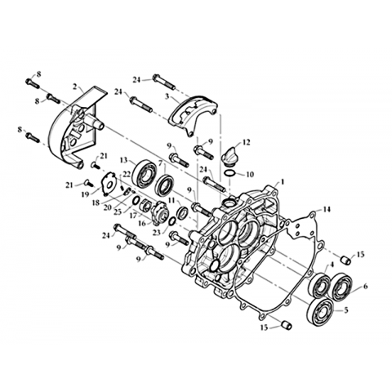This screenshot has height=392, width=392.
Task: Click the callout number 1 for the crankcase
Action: (283, 181)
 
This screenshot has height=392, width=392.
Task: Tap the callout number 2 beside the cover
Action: (74, 87)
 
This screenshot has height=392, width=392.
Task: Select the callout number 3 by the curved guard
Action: (167, 96)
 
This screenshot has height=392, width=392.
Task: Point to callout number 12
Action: (247, 142)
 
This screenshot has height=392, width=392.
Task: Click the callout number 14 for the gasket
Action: (327, 209)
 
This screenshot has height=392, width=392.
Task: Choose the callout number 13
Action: (124, 160)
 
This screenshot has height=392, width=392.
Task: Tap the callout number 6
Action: (365, 286)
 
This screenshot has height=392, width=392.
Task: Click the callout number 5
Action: (346, 310)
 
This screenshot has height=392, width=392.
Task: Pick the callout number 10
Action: (250, 174)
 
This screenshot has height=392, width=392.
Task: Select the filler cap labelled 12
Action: (228, 154)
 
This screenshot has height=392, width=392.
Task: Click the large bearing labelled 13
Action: (145, 174)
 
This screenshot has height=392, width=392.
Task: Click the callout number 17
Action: (133, 215)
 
